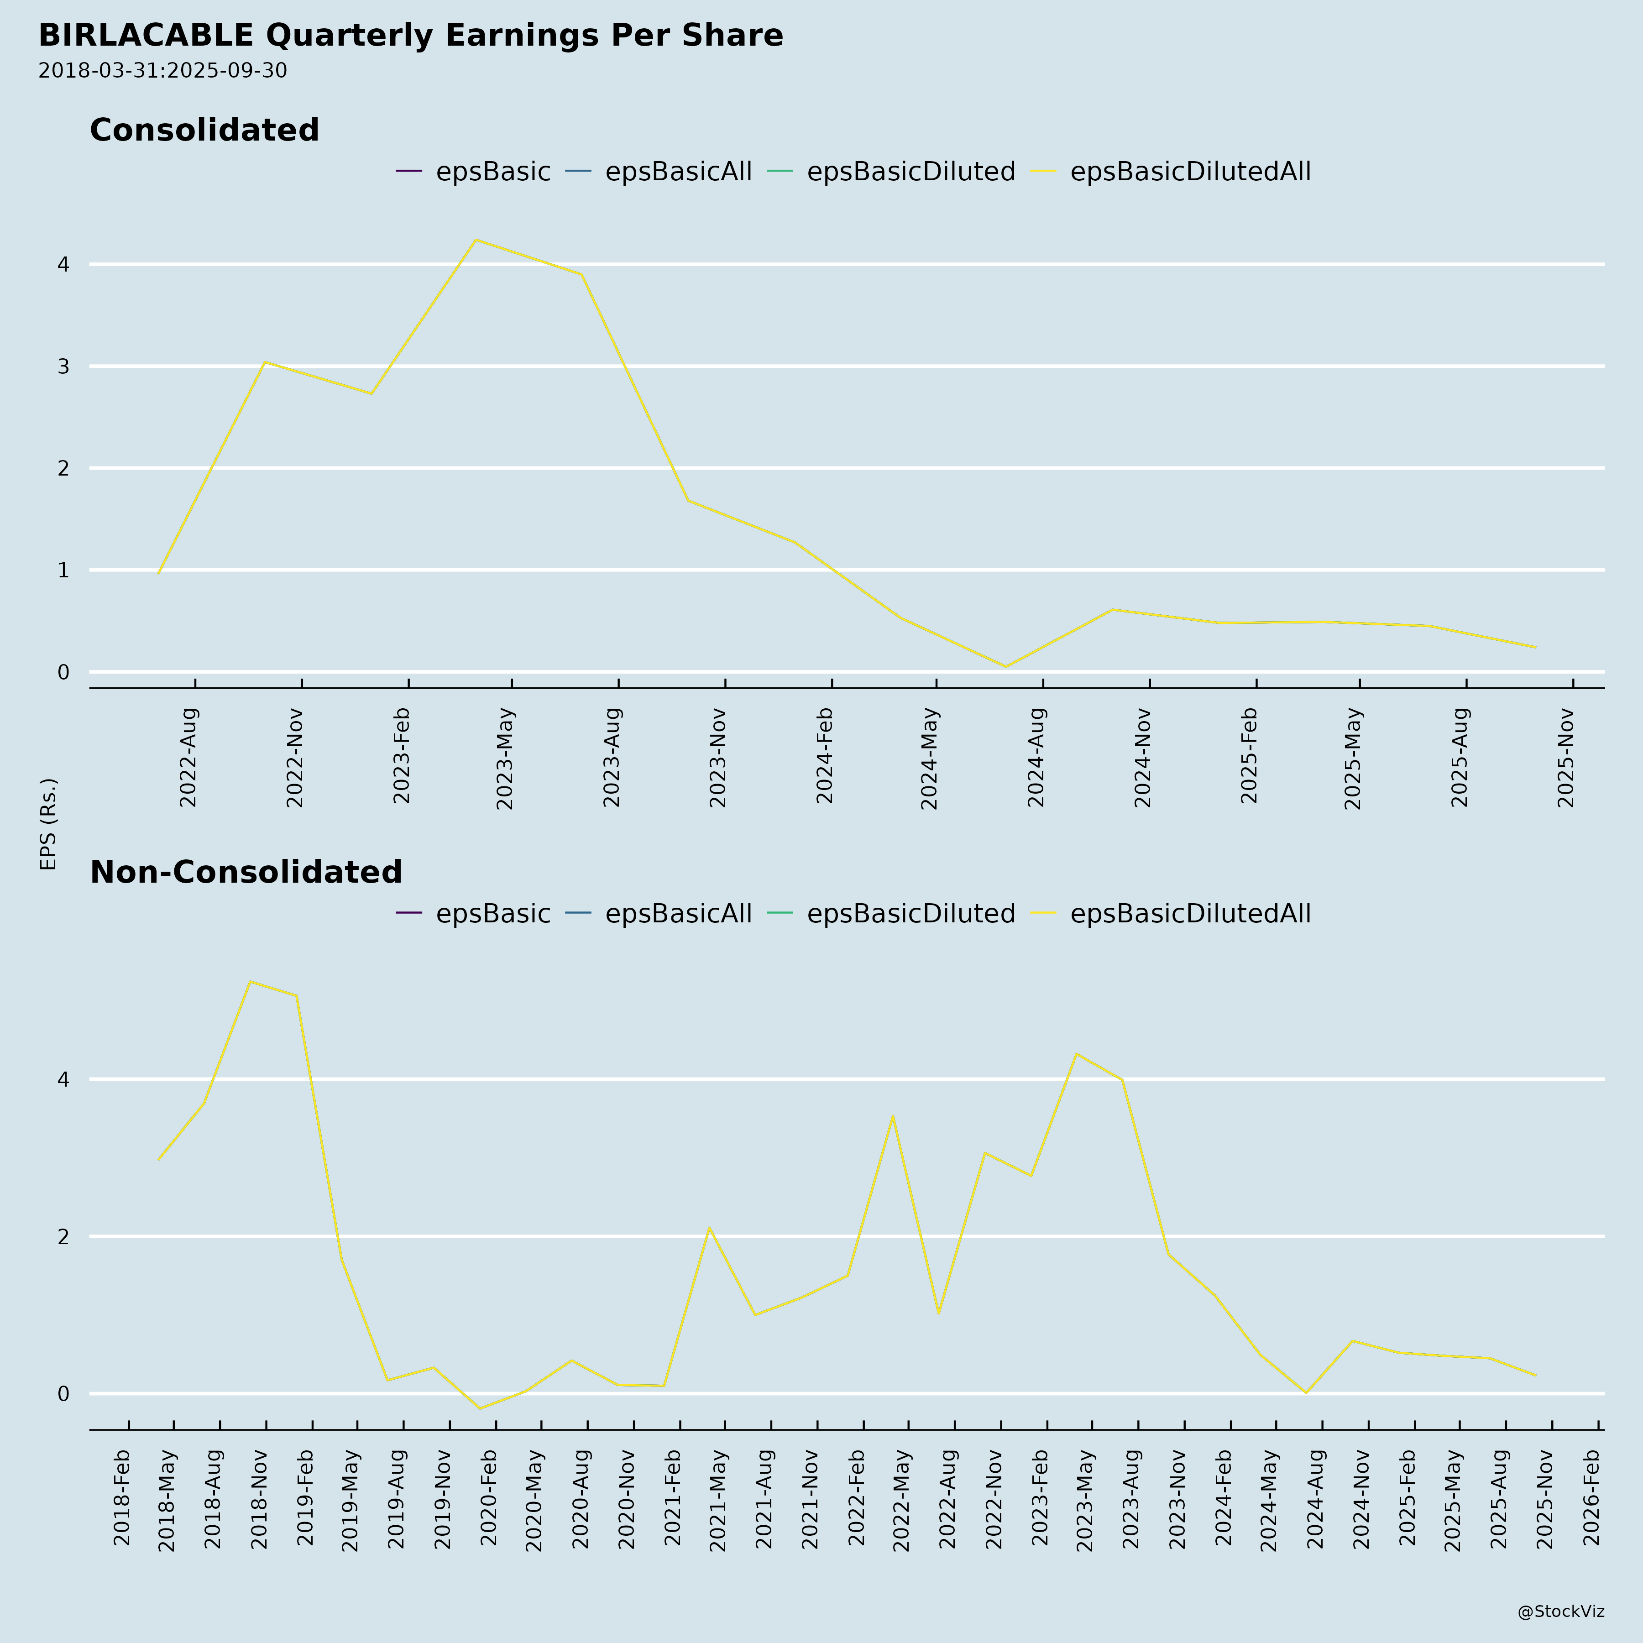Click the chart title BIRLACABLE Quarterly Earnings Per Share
[x=411, y=36]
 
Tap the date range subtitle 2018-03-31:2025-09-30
[x=162, y=71]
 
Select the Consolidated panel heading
[x=204, y=130]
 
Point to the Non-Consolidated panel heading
[x=246, y=873]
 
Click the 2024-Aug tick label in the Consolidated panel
[x=1036, y=757]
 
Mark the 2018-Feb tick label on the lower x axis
[x=121, y=1497]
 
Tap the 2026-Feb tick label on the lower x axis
[x=1592, y=1497]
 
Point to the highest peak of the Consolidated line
[x=476, y=240]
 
